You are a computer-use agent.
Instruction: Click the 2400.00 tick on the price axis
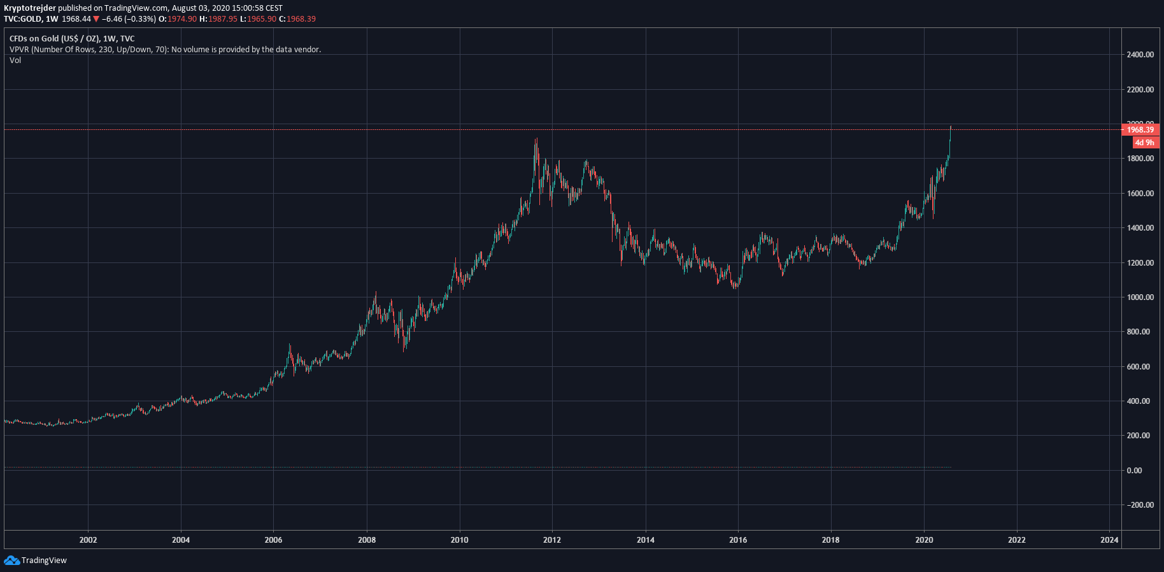coord(1140,55)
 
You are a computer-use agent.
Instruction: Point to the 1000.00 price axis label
coord(1140,297)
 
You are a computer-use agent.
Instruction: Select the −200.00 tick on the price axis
coord(1140,505)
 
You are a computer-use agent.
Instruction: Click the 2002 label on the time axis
coord(88,540)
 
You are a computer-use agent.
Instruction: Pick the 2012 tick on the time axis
coord(552,540)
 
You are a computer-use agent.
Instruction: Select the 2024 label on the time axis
coord(1109,540)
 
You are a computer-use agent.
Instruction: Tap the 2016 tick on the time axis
coord(738,540)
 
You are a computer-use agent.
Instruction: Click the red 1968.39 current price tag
coord(1140,130)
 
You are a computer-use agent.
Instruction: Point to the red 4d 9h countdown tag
coord(1144,143)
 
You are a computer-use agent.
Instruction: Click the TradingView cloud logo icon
coord(11,561)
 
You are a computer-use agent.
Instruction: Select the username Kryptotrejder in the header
coord(30,8)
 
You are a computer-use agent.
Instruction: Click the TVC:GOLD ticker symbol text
coord(22,19)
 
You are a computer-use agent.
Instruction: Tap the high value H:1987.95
coord(218,19)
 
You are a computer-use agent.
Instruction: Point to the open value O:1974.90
coord(178,19)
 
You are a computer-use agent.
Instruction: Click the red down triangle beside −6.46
coord(96,19)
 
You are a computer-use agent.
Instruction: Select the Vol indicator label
coord(15,61)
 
